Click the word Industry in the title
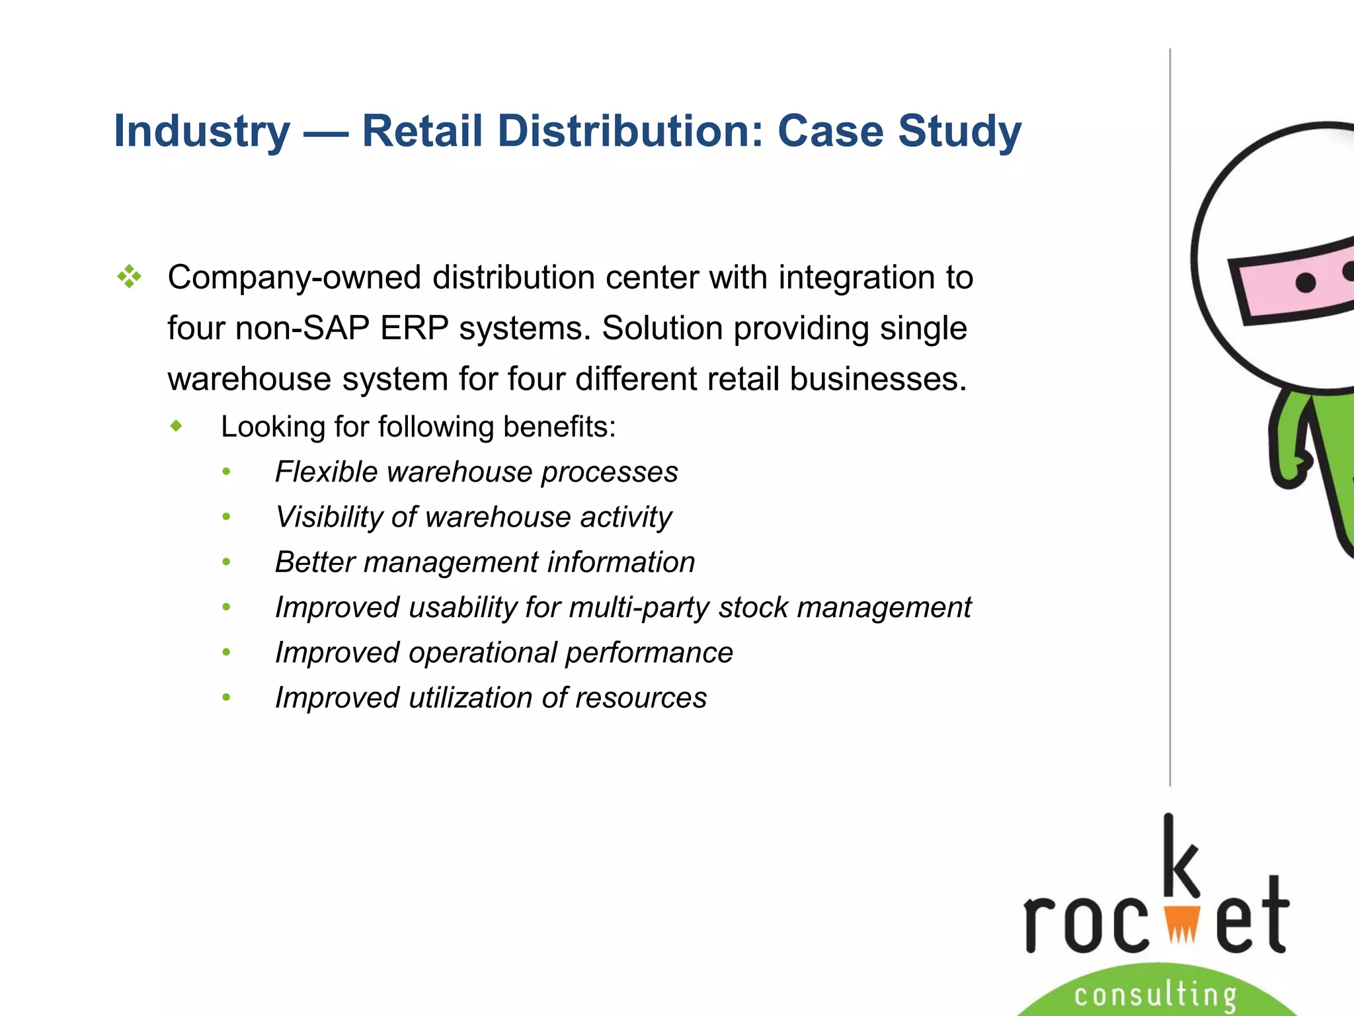point(202,131)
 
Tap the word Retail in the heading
point(422,131)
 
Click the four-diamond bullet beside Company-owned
point(129,276)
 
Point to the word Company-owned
point(294,277)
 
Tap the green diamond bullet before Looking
point(176,426)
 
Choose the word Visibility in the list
point(328,517)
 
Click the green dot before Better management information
point(227,562)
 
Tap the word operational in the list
point(483,653)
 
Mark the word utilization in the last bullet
point(470,698)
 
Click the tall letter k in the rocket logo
point(1179,857)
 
